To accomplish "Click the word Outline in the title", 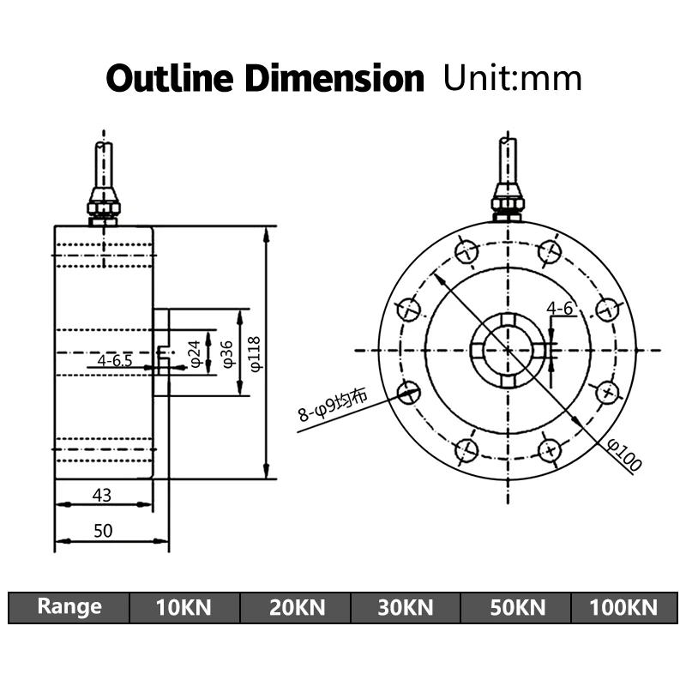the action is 169,78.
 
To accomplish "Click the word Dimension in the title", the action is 334,78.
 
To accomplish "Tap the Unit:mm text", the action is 512,78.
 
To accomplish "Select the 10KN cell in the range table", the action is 184,608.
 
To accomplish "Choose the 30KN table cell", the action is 406,608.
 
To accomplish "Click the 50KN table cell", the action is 517,608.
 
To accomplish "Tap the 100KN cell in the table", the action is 624,608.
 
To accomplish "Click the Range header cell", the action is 69,607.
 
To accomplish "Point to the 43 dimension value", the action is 102,495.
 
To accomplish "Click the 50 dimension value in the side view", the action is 103,530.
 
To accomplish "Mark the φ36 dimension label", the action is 227,353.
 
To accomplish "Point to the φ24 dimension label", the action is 195,353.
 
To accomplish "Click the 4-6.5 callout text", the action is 115,360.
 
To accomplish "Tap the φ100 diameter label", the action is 624,455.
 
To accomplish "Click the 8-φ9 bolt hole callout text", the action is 333,405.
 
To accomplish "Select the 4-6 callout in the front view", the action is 560,309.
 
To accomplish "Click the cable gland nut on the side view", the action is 103,207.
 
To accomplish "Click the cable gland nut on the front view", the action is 508,204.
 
